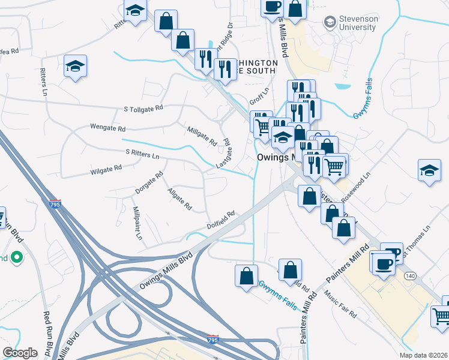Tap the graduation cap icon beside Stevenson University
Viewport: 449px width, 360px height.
330,23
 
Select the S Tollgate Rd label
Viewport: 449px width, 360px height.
143,109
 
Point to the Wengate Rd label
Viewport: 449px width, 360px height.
107,128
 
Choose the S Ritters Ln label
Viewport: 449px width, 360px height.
142,153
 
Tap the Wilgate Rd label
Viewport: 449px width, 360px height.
106,171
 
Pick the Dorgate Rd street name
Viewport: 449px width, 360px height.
149,183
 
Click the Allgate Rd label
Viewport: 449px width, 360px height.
179,199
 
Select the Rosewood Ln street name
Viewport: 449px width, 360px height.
356,187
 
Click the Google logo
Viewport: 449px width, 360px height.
20,353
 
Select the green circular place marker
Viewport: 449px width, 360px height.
16,259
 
